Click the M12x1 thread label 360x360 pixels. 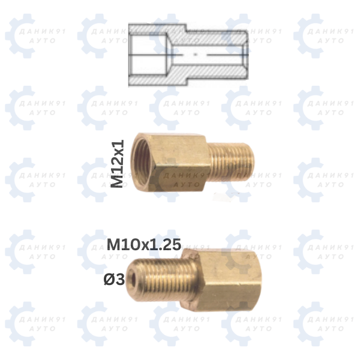click(x=117, y=164)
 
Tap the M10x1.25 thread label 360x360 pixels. click(x=144, y=244)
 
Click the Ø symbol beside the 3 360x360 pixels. click(x=109, y=280)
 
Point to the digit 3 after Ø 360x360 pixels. click(x=120, y=280)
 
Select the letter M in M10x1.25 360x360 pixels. click(x=113, y=244)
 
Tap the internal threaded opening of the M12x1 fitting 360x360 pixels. click(x=142, y=163)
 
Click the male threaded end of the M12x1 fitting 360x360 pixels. click(x=232, y=161)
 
